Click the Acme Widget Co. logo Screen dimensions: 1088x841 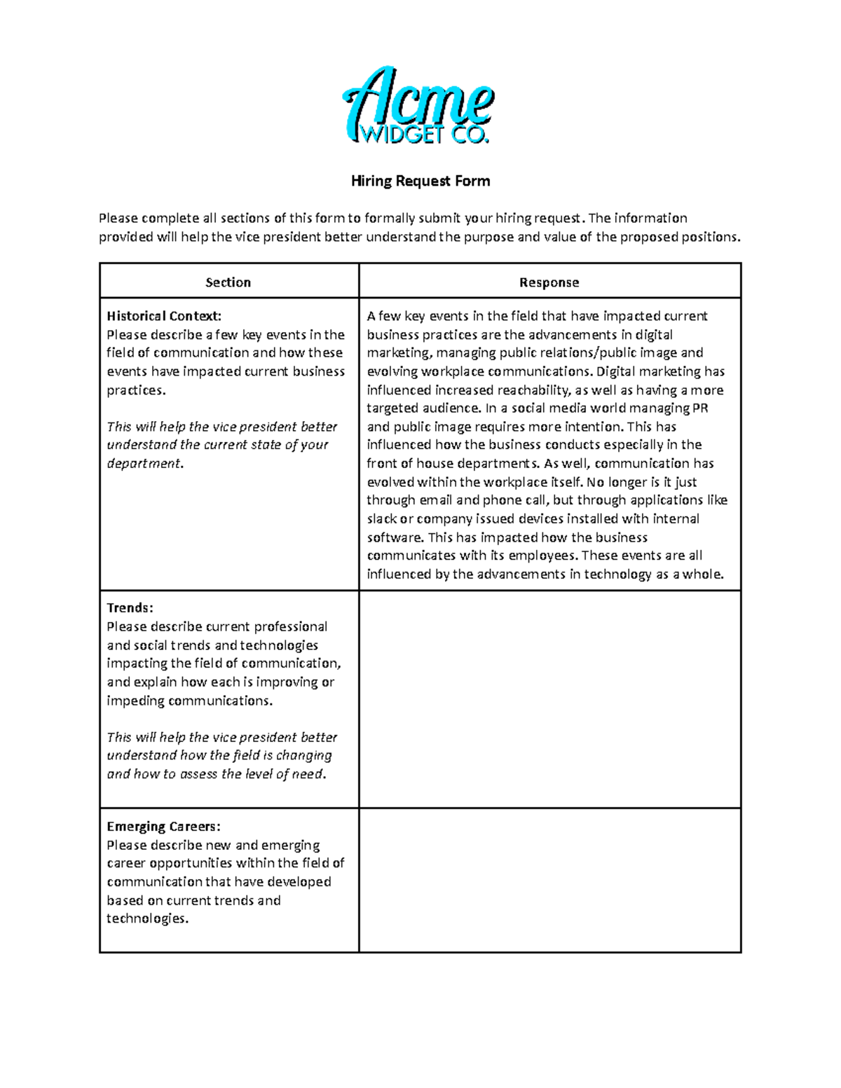[x=418, y=106]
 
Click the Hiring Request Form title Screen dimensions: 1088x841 [x=420, y=181]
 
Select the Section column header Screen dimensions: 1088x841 [x=228, y=282]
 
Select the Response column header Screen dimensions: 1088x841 [x=549, y=282]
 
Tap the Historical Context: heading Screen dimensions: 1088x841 [x=164, y=316]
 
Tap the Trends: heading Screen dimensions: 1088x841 [x=130, y=608]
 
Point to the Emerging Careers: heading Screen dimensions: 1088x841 [x=163, y=827]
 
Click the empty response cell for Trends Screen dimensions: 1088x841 [x=549, y=698]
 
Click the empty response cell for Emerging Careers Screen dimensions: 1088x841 [x=549, y=880]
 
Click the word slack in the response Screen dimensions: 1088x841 [x=381, y=519]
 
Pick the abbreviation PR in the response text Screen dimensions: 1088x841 [x=700, y=408]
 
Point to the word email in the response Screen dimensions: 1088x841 [x=435, y=500]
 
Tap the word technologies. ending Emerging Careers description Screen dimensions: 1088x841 [x=147, y=918]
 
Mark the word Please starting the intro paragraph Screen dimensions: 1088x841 [x=118, y=219]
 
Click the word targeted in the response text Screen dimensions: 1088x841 [x=392, y=408]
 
